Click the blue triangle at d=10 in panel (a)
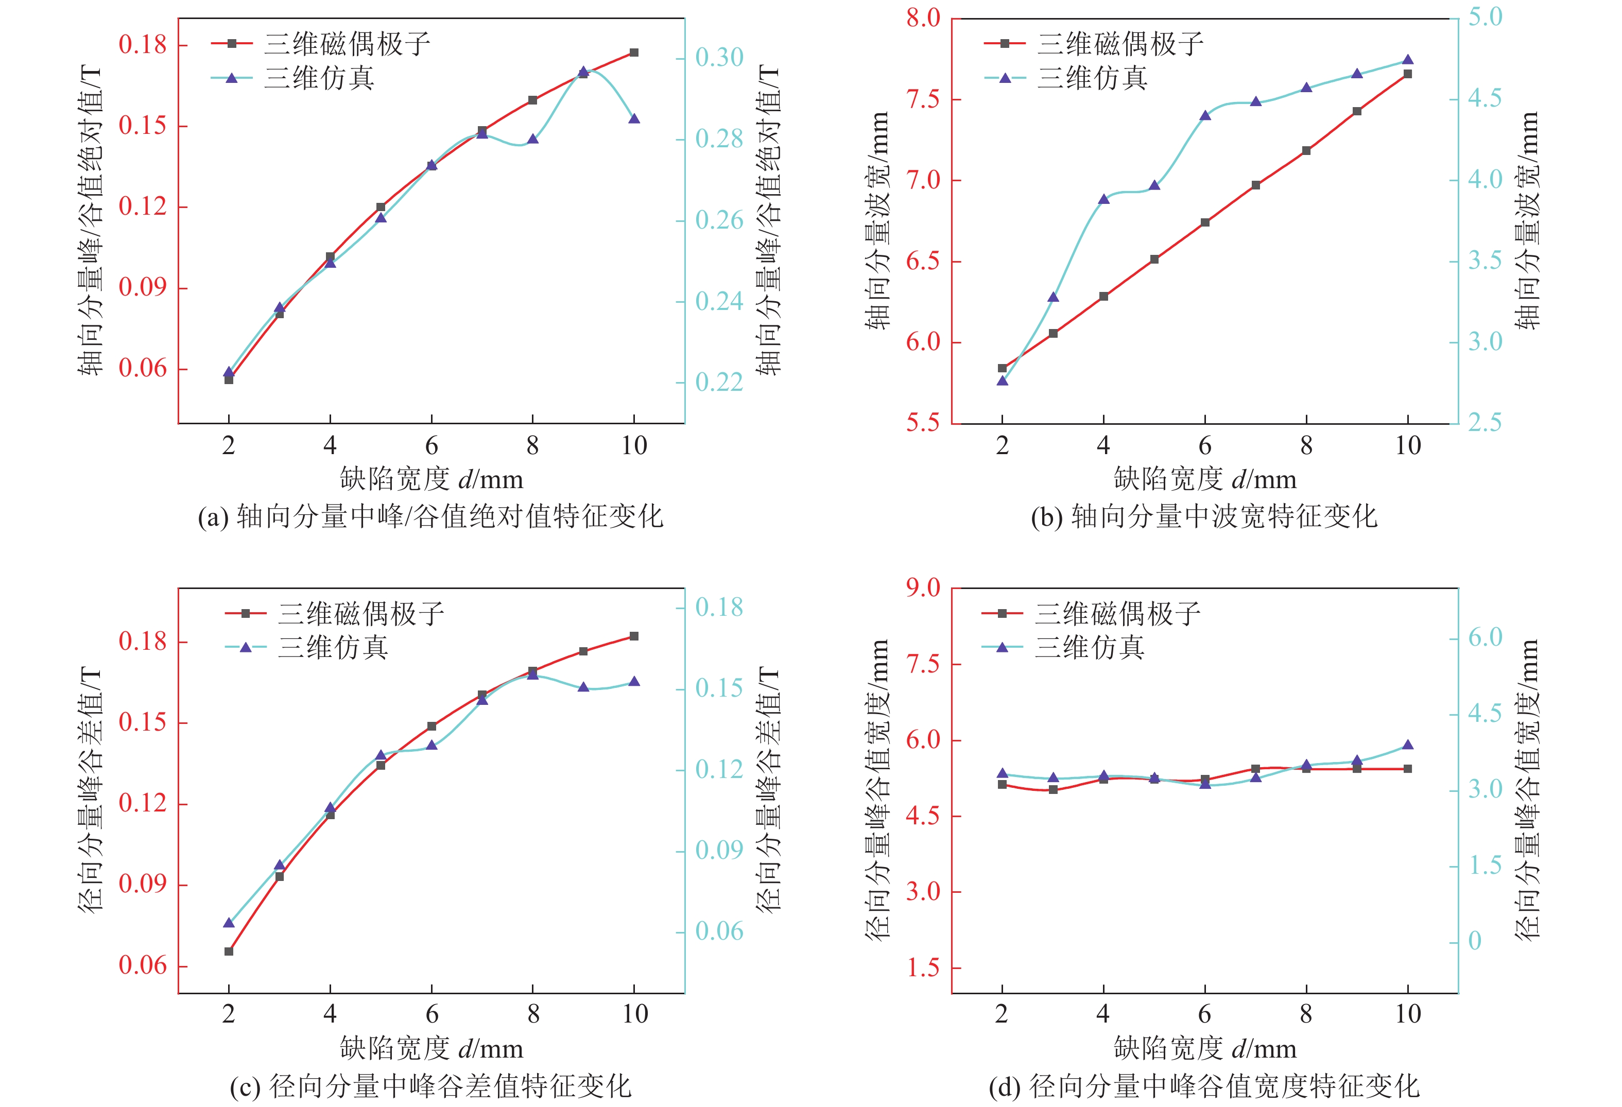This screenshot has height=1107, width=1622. tap(634, 118)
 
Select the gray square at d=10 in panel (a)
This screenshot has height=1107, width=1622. tap(634, 53)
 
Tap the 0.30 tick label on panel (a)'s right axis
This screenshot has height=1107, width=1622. tap(719, 57)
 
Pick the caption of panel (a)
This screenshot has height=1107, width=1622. tap(430, 516)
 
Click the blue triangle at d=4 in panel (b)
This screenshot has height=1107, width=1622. tap(1103, 199)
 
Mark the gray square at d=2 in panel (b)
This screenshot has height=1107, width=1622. tap(1002, 368)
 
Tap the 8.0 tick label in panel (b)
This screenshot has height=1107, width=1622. tap(923, 18)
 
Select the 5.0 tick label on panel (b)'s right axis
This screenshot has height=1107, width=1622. tap(1485, 17)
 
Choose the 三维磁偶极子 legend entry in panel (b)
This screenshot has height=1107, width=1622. tap(1119, 44)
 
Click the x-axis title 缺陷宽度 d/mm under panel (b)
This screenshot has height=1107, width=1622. tap(1204, 479)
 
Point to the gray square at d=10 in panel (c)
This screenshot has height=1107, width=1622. tap(634, 636)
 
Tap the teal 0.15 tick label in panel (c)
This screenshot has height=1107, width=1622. tap(719, 688)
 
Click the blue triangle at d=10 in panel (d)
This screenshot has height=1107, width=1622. tap(1408, 745)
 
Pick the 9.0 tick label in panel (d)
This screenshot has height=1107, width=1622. tap(923, 587)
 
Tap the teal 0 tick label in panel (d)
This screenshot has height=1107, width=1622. tap(1475, 941)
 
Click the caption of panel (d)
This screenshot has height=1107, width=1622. tap(1204, 1086)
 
